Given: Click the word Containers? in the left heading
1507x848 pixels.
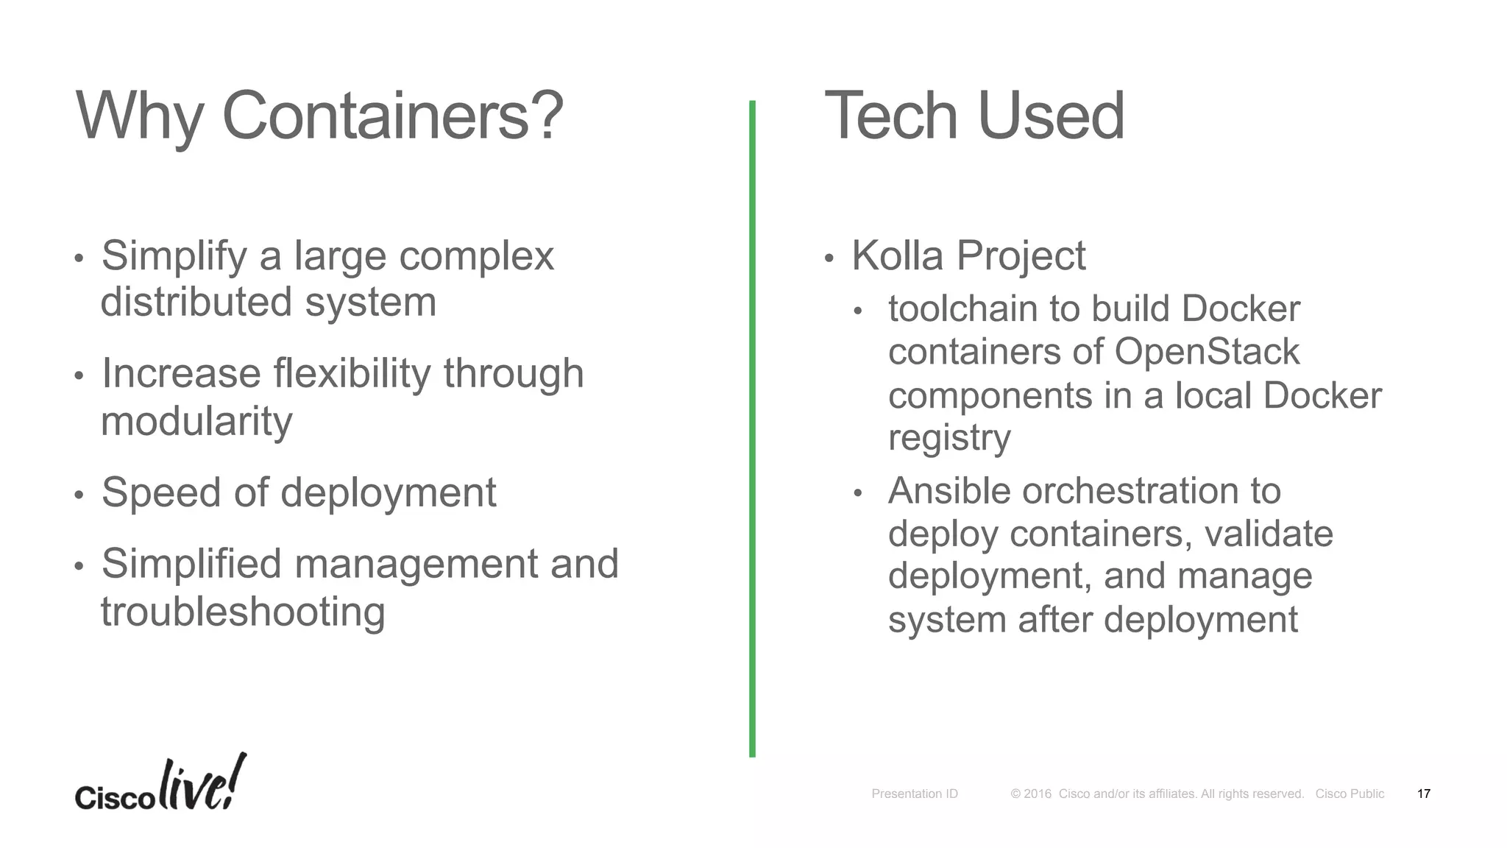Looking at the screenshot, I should (x=392, y=116).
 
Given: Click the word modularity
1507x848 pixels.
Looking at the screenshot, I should (x=196, y=422).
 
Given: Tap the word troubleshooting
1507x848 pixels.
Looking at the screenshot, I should (x=243, y=612).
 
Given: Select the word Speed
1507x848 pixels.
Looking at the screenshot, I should (x=160, y=492).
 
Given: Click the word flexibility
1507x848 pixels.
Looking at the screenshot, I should (x=351, y=373).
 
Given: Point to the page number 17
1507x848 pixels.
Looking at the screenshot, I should (x=1423, y=794).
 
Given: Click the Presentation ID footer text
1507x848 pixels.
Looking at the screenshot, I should (x=915, y=794).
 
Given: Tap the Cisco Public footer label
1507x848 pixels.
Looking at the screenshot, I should (x=1350, y=794).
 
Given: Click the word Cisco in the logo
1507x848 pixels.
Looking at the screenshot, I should (x=114, y=798).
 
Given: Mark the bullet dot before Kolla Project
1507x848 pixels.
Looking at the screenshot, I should (x=829, y=258).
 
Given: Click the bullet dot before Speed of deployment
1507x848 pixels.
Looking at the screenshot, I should (x=79, y=495).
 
